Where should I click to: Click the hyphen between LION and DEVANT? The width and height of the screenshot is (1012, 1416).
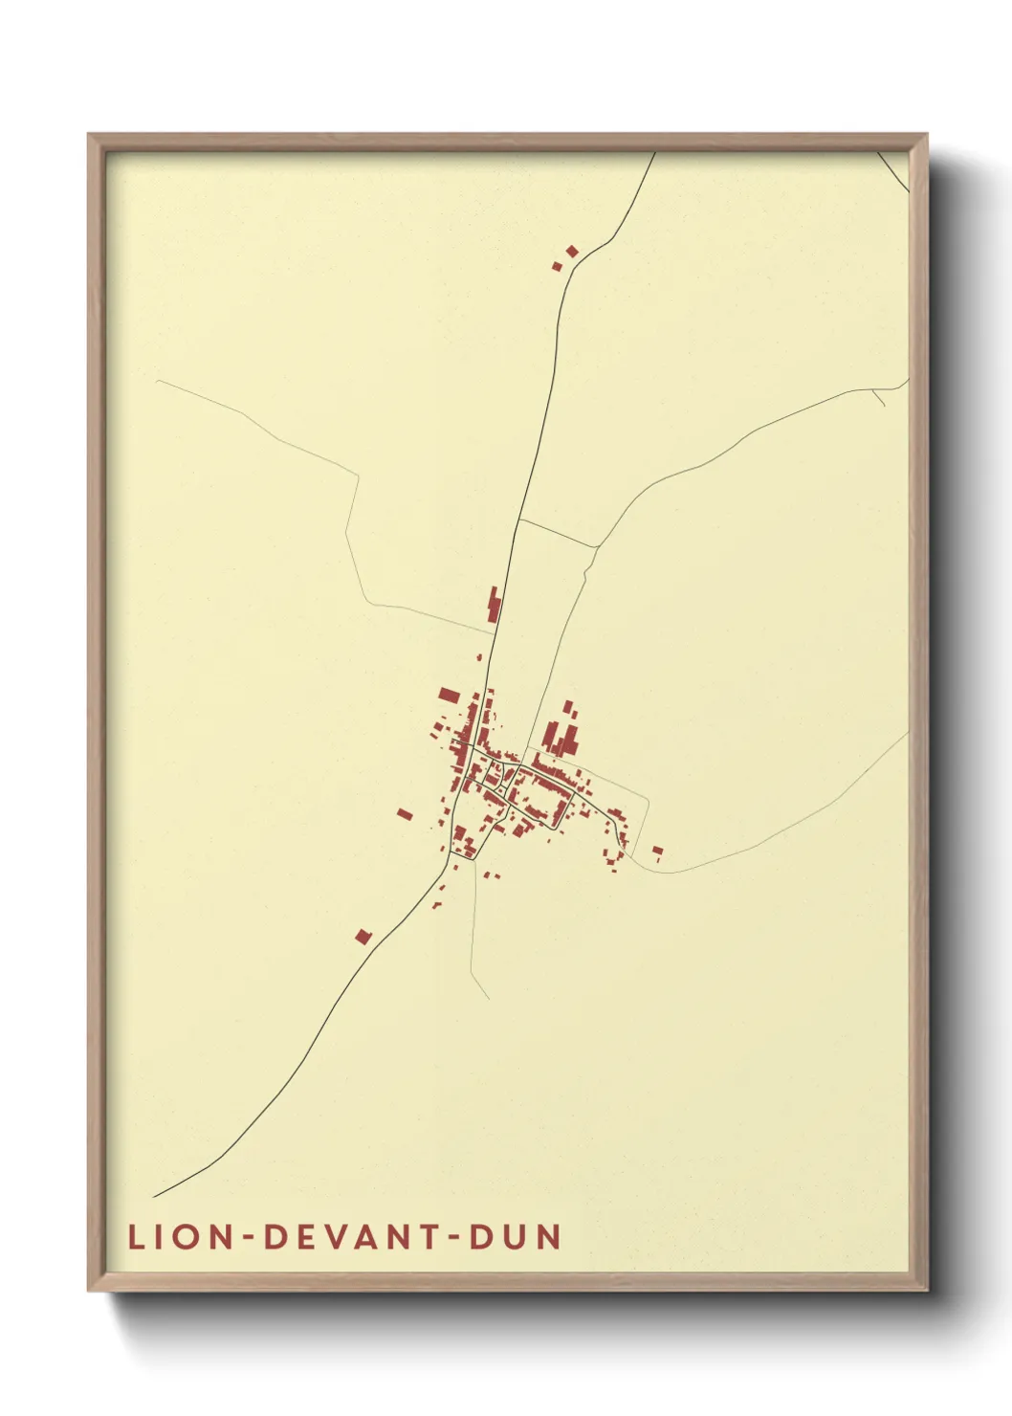[247, 1239]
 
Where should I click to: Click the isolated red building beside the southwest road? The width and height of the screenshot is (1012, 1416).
[363, 937]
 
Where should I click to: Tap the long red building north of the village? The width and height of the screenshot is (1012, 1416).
[495, 606]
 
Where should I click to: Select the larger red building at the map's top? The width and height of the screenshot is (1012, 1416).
[572, 252]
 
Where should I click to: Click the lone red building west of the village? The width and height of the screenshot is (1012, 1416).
[405, 814]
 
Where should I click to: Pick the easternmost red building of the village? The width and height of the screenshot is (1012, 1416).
[657, 850]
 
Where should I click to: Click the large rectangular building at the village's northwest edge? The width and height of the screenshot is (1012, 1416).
[449, 696]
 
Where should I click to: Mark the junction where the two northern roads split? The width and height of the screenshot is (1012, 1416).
[518, 521]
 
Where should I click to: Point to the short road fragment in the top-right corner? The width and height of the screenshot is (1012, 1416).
[892, 170]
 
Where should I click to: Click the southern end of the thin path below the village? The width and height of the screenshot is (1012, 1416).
[489, 998]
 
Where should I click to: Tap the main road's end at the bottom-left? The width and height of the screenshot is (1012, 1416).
[154, 1196]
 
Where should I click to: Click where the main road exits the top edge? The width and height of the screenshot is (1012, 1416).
[655, 153]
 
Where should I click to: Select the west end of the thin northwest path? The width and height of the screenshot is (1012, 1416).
[157, 382]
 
